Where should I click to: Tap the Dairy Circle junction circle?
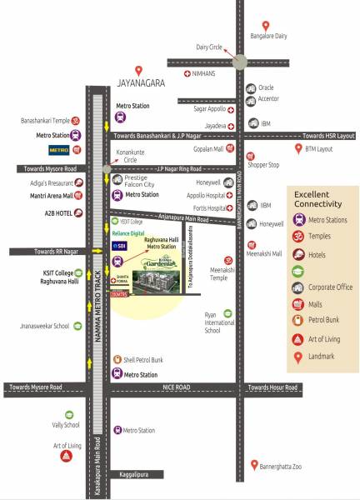(x=239, y=61)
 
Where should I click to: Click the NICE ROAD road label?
(x=177, y=387)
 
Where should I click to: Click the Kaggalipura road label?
(x=132, y=474)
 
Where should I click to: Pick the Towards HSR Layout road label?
(x=328, y=136)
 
